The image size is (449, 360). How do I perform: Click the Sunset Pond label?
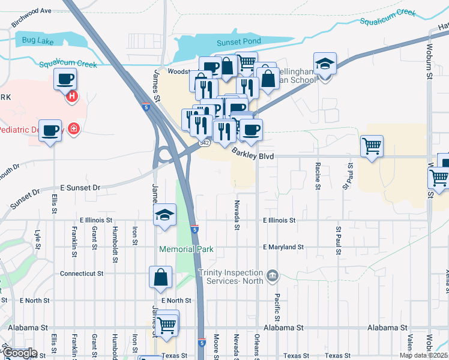tap(238, 42)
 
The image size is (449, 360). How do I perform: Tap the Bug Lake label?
tap(37, 41)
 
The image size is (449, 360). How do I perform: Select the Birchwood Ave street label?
tap(39, 11)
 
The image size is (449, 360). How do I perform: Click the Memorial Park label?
tap(186, 249)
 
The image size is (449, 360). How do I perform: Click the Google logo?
tap(20, 353)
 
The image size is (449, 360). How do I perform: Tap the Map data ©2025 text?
tap(423, 355)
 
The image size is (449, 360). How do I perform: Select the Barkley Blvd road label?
tap(253, 155)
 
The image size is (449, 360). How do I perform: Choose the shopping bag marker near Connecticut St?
tap(161, 278)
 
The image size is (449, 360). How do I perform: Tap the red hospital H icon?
tap(72, 95)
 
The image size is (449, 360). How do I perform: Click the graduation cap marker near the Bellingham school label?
tap(325, 64)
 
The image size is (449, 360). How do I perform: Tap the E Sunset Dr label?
tap(79, 188)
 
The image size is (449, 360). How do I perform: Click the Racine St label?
tap(318, 175)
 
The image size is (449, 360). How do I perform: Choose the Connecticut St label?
tap(82, 273)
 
